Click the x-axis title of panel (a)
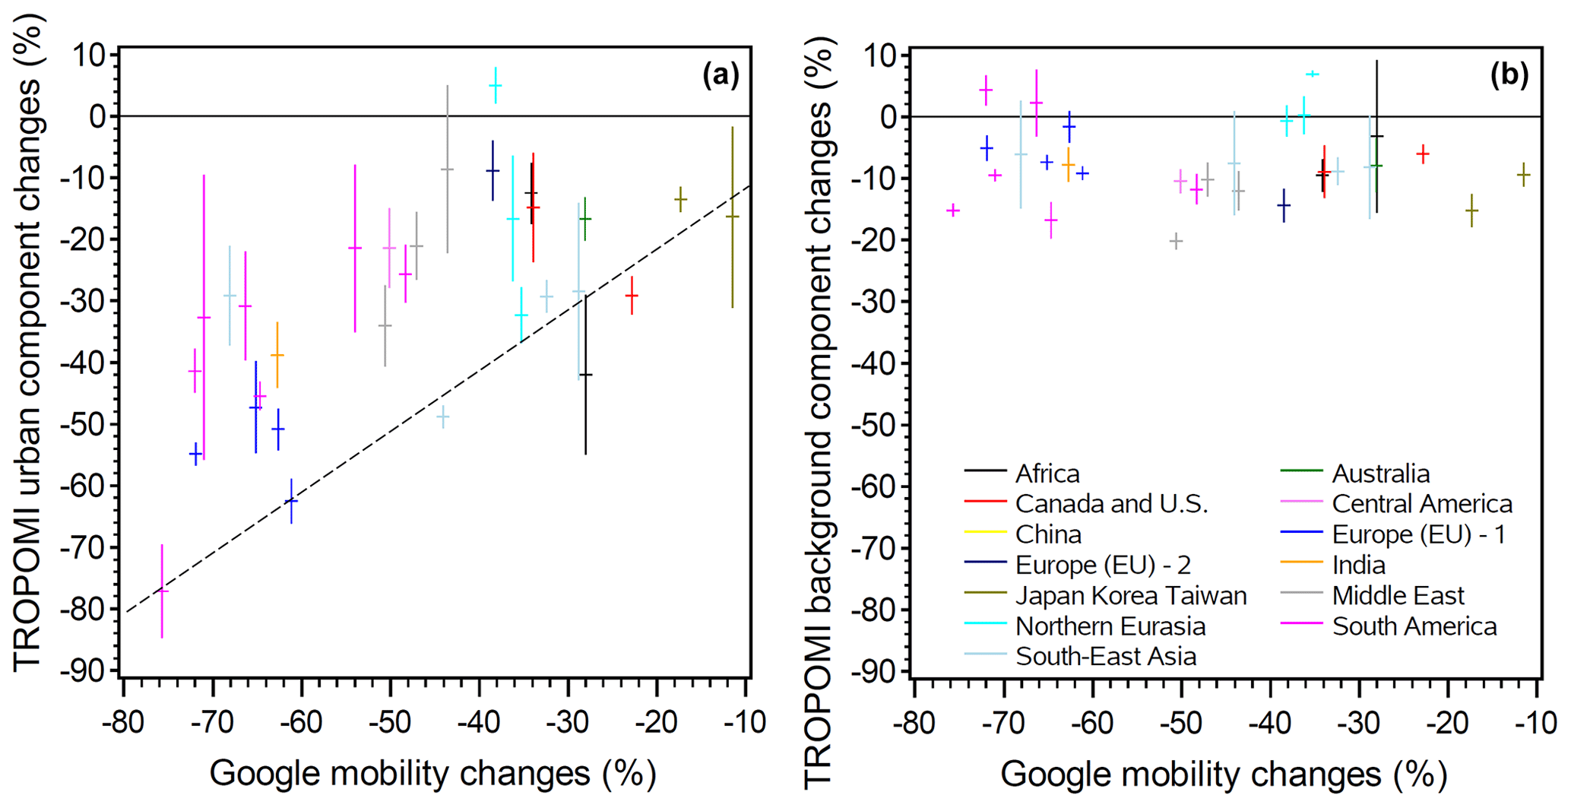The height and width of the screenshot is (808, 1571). pyautogui.click(x=432, y=774)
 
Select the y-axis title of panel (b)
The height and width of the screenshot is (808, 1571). pyautogui.click(x=820, y=410)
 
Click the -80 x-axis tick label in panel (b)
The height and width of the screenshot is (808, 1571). pyautogui.click(x=914, y=722)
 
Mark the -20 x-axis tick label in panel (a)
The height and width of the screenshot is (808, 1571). pyautogui.click(x=656, y=722)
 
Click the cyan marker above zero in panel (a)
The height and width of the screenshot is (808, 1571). pyautogui.click(x=496, y=85)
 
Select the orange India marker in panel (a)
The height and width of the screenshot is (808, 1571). pyautogui.click(x=277, y=355)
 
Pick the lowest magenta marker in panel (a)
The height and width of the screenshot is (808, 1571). pyautogui.click(x=162, y=591)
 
